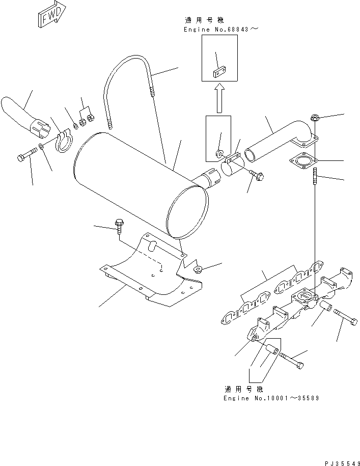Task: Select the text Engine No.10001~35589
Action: [271, 398]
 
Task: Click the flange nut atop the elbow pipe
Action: [315, 119]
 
